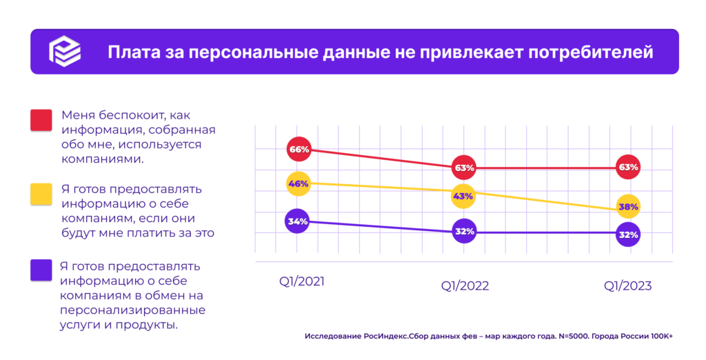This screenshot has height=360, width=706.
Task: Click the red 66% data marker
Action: tap(299, 149)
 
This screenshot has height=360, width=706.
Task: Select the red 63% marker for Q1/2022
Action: tap(464, 168)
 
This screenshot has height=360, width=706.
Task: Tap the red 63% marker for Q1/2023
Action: tap(628, 168)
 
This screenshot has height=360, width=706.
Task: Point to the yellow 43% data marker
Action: tap(463, 196)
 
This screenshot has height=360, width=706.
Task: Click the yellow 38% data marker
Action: tap(628, 206)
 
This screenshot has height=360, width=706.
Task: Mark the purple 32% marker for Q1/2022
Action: tap(464, 232)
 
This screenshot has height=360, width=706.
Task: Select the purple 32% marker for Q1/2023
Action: tap(628, 234)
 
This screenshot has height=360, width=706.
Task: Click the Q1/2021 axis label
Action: tap(301, 281)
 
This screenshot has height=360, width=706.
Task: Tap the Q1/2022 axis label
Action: tap(465, 286)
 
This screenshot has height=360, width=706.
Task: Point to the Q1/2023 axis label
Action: tap(627, 286)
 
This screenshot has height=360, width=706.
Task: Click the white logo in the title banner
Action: tap(64, 52)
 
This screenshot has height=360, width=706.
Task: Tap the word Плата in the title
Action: tap(129, 52)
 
